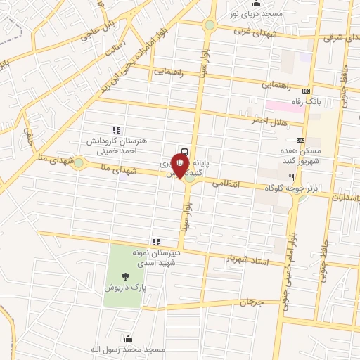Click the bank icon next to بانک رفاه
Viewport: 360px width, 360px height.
(x=306, y=91)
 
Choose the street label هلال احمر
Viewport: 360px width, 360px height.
(x=269, y=120)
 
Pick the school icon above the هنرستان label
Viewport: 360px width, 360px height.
(x=116, y=130)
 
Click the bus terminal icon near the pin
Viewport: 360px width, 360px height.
(x=184, y=151)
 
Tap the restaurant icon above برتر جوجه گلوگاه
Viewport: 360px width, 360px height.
(x=300, y=178)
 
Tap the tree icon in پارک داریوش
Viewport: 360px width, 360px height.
(x=125, y=276)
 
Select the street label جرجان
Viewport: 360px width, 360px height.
(x=250, y=302)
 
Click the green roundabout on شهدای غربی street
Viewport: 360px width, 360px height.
(x=209, y=25)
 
